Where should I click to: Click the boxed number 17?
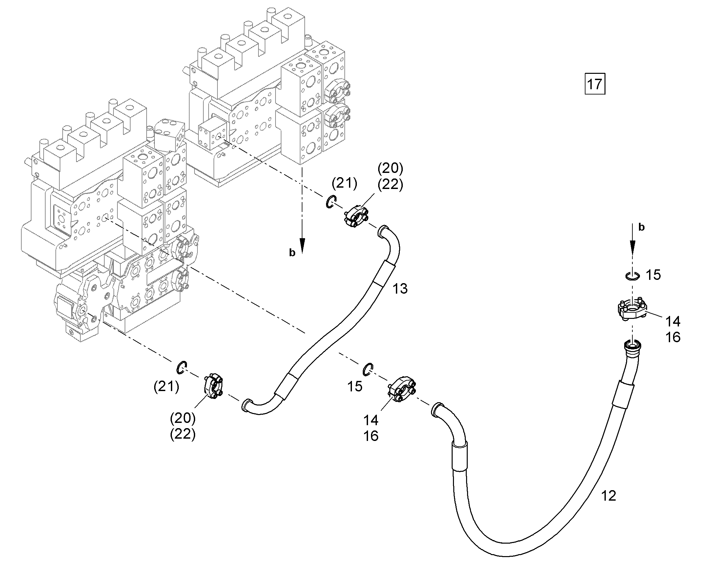click(x=595, y=85)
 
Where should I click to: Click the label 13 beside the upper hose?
click(x=400, y=289)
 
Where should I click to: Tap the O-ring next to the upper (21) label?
click(x=331, y=201)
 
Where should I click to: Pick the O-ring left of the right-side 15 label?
click(x=632, y=276)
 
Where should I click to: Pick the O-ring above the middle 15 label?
click(x=368, y=369)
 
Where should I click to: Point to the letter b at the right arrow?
click(x=641, y=227)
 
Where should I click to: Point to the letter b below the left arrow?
click(x=292, y=252)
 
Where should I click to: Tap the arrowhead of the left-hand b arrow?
click(x=302, y=245)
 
